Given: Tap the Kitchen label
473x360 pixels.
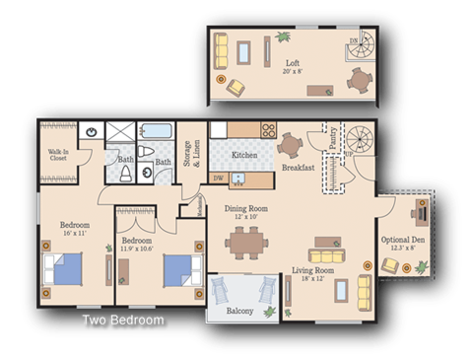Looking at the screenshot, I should [x=244, y=156].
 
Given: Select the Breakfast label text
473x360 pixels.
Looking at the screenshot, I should [x=298, y=168].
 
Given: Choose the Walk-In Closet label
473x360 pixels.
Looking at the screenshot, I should [x=58, y=155].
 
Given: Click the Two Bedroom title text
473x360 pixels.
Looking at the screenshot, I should [x=122, y=321].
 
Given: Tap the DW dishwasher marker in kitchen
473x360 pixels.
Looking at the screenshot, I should [x=219, y=179].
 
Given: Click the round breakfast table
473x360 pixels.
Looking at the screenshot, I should [x=291, y=145].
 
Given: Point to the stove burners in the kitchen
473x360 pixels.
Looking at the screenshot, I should [x=267, y=129].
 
